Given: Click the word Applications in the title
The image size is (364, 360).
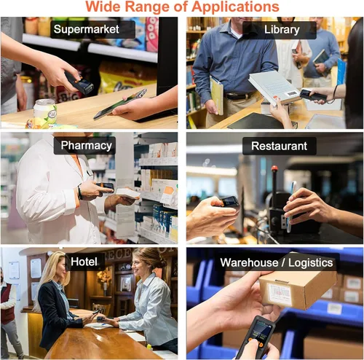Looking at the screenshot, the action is coord(235,7).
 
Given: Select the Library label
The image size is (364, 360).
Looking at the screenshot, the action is coord(280,30).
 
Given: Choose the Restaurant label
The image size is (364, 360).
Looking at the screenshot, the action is coord(280,146).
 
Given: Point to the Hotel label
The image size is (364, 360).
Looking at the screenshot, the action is coord(84,262).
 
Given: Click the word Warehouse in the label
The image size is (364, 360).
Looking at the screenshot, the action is coord(249,263).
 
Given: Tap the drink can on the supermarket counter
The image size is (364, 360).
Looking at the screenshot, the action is coord(44,112).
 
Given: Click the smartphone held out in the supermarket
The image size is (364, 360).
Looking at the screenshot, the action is coord(121,104).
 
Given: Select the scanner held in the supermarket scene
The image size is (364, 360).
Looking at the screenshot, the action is coord(79,83).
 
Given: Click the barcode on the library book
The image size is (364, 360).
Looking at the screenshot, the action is coord(292,94).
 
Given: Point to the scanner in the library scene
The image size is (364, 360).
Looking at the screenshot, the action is coord(313,95).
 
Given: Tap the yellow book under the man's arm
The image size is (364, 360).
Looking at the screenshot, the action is coord(217,95).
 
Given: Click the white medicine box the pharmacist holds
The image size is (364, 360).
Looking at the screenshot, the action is coord(127,194).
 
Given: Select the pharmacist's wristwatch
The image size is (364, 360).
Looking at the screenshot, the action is coord(79,192).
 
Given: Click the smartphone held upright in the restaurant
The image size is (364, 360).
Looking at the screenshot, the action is coord(290,206).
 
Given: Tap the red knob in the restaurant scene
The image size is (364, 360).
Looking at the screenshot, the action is coord(274,168).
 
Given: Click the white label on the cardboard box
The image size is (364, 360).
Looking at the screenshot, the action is coord(280,294).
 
